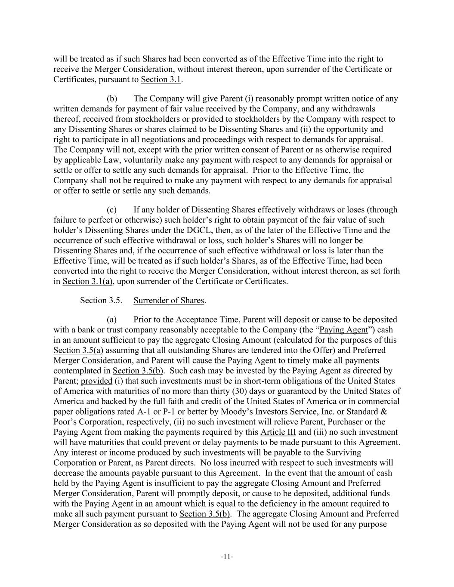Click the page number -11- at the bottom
227,557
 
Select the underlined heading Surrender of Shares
169,301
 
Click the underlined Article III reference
278,432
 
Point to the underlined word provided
96,381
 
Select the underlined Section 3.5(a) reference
78,350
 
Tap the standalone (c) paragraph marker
112,210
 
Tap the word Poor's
65,422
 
